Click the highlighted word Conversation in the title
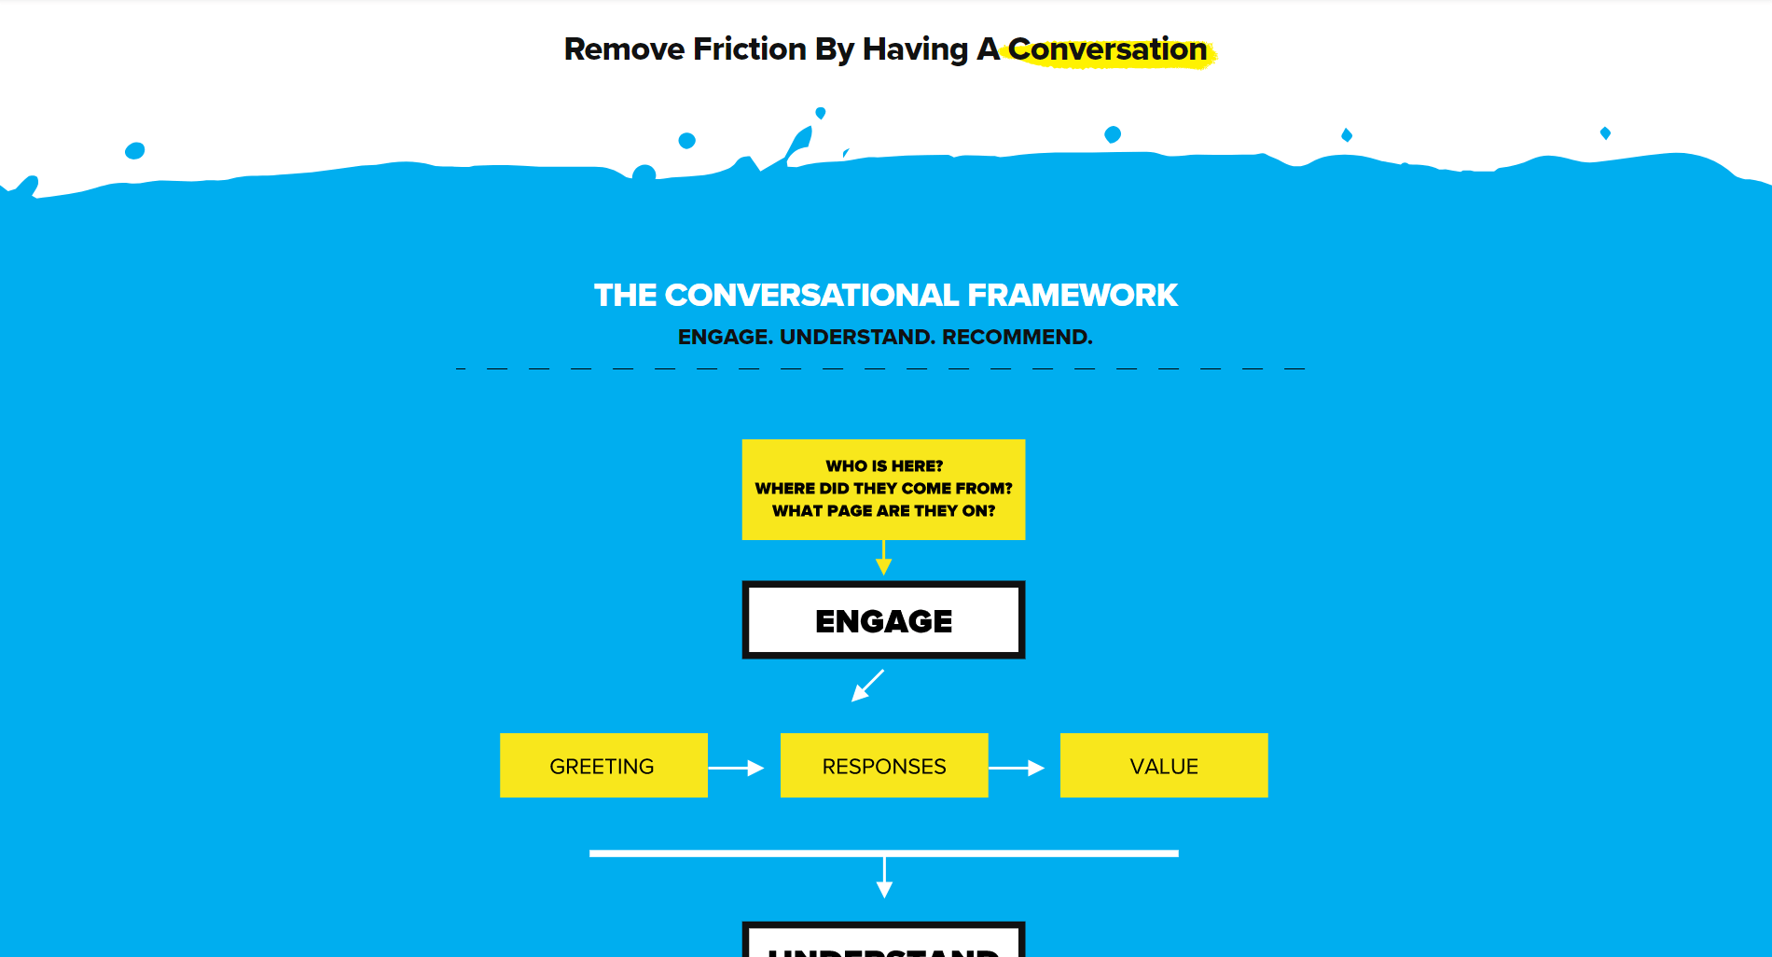pyautogui.click(x=1107, y=49)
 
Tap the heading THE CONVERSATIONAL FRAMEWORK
pyautogui.click(x=885, y=295)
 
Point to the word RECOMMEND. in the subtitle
pyautogui.click(x=1017, y=337)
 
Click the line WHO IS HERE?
pyautogui.click(x=884, y=465)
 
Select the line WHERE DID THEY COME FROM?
pyautogui.click(x=883, y=488)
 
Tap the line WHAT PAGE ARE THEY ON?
pyautogui.click(x=883, y=510)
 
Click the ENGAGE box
pyautogui.click(x=883, y=620)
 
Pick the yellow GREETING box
pyautogui.click(x=603, y=766)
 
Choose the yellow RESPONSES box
pyautogui.click(x=883, y=766)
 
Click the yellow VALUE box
pyautogui.click(x=1163, y=766)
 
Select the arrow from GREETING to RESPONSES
pyautogui.click(x=737, y=768)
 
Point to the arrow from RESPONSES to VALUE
pyautogui.click(x=1017, y=768)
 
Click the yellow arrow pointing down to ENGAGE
pyautogui.click(x=884, y=560)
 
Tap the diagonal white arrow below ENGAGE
pyautogui.click(x=867, y=686)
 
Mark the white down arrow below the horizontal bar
pyautogui.click(x=884, y=879)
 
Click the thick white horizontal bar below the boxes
pyautogui.click(x=883, y=853)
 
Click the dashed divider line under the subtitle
pyautogui.click(x=881, y=369)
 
